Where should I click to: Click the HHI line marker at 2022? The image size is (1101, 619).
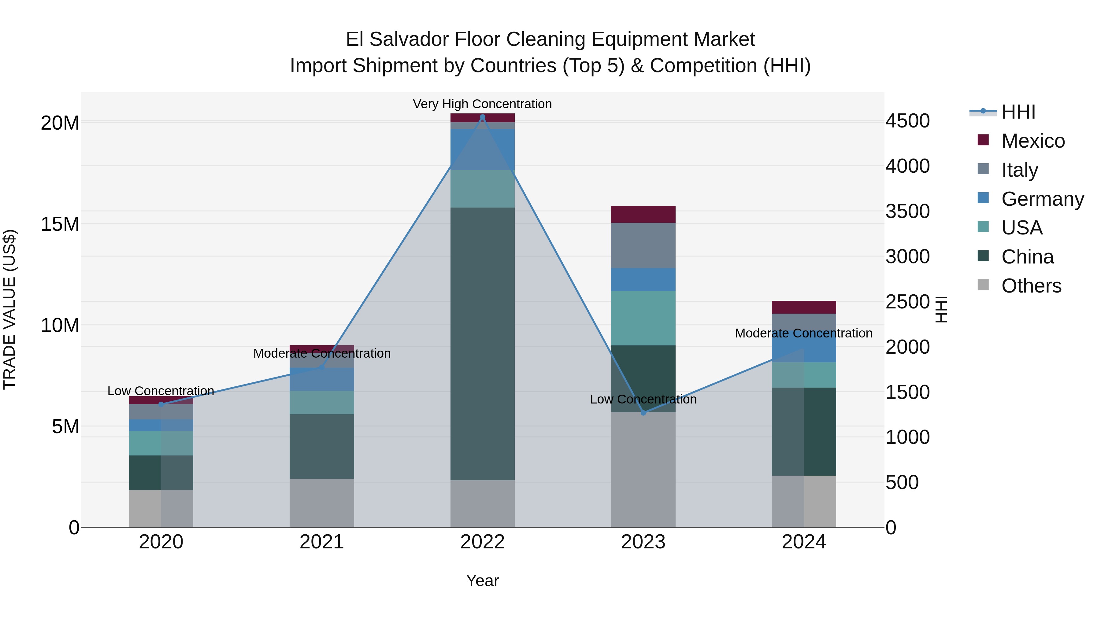[483, 117]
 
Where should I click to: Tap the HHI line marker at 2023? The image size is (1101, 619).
[643, 413]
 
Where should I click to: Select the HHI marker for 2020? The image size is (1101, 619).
[161, 404]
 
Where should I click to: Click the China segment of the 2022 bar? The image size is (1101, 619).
[483, 342]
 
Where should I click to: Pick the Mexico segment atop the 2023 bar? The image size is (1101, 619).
[643, 215]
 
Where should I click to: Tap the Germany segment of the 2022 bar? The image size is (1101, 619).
[483, 149]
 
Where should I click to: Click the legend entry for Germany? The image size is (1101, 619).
[1043, 199]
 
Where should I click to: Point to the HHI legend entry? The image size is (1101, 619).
[1018, 112]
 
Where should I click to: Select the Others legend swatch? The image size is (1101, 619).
[983, 285]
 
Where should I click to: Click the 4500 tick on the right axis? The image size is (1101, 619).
[907, 121]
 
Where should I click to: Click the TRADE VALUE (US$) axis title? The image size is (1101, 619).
[9, 309]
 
